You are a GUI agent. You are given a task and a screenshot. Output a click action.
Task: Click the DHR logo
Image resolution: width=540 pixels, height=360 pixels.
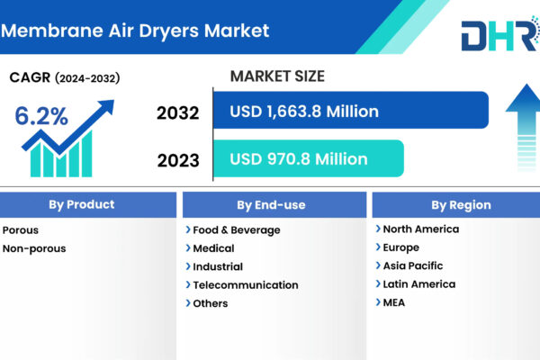[500, 34]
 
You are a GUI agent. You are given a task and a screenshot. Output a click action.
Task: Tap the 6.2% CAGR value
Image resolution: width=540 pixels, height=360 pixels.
[41, 116]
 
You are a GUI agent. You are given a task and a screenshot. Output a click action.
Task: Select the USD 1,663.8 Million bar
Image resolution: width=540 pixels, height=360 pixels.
[351, 110]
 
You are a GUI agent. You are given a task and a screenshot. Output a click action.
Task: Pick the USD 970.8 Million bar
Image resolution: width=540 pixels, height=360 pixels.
[308, 158]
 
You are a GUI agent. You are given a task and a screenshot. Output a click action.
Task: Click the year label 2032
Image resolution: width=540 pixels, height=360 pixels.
[177, 113]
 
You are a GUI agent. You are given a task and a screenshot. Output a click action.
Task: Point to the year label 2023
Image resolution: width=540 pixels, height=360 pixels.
[178, 160]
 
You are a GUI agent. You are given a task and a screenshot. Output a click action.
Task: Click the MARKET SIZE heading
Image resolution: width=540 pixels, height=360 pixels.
[277, 76]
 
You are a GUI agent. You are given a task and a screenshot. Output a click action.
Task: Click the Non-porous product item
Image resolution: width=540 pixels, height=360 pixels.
[34, 248]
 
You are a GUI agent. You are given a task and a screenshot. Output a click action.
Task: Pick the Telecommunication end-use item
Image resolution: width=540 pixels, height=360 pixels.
[246, 285]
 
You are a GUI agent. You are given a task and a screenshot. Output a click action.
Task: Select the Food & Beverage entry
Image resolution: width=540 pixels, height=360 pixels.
[237, 230]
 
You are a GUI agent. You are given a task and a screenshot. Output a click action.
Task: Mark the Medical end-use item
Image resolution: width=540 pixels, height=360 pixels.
[213, 248]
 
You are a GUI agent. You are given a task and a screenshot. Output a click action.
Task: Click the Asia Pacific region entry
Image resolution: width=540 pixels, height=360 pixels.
[413, 265]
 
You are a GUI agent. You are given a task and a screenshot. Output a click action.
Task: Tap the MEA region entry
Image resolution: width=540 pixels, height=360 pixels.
[394, 302]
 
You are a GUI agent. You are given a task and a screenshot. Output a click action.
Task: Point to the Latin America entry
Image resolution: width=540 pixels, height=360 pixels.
[419, 284]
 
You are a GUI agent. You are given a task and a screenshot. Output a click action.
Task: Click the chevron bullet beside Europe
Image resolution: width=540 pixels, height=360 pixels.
[378, 247]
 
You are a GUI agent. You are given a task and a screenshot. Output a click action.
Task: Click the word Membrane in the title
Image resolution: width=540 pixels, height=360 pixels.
[52, 31]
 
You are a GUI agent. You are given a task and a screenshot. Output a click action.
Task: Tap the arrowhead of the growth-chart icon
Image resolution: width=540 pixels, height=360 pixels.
[106, 106]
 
